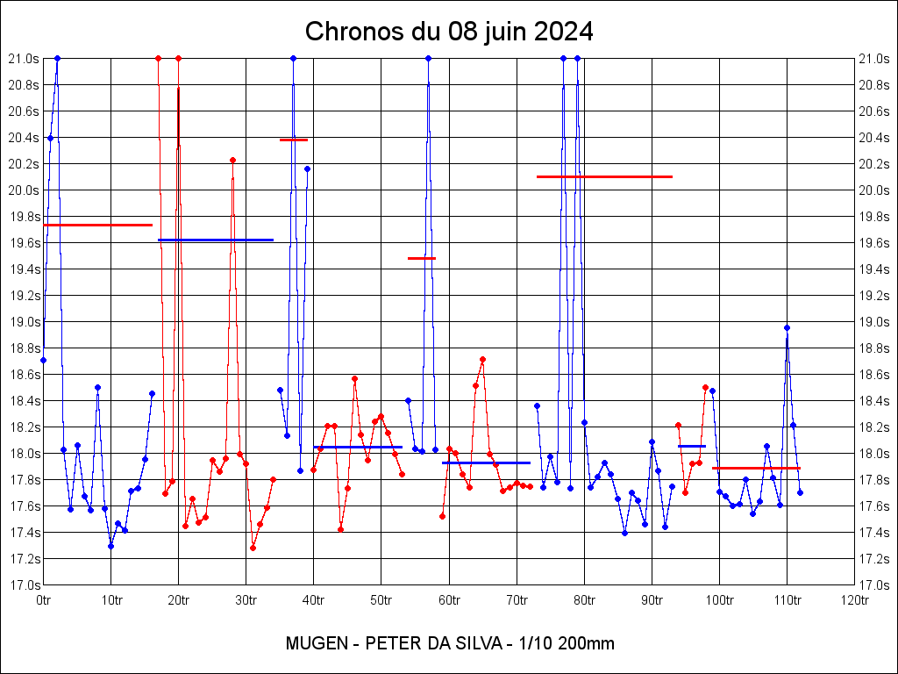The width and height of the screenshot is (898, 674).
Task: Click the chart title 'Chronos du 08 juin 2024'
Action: coord(449,32)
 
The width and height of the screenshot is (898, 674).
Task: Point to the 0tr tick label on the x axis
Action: coord(44,600)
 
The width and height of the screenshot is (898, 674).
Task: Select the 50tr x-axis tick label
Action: coord(381,600)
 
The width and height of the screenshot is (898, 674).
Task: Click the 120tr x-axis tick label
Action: coord(854,600)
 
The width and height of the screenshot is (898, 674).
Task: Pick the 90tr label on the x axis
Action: coord(652,600)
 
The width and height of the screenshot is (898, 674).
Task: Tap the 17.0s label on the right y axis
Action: coord(873,584)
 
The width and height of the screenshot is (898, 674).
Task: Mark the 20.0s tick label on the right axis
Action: coord(873,190)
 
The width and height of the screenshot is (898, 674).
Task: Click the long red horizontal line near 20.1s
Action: coord(604,176)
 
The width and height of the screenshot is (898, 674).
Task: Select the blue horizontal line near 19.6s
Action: coord(216,240)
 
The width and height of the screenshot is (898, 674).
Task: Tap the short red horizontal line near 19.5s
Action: coord(422,258)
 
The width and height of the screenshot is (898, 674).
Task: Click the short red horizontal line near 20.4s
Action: coord(294,140)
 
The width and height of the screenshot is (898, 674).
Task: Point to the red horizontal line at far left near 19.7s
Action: coord(97,225)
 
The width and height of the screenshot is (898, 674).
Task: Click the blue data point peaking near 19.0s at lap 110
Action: coord(787,327)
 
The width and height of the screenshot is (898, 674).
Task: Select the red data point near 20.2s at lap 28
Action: coord(232,160)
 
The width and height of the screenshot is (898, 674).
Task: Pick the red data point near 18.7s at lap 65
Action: coord(482,359)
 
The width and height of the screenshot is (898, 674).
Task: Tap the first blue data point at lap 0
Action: coord(44,360)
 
